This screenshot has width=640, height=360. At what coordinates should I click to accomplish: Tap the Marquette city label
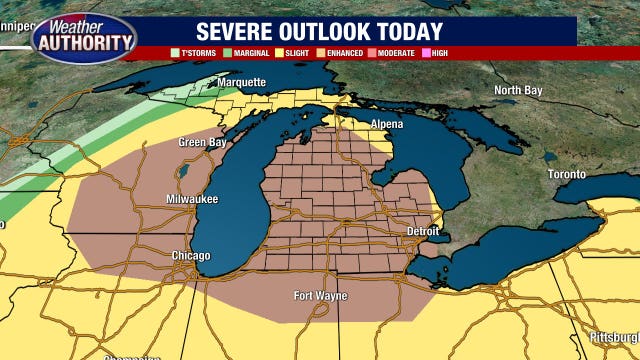coord(243,82)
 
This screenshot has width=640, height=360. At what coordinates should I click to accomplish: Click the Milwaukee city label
coord(192,200)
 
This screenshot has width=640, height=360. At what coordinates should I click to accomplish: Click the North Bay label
coord(519,91)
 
